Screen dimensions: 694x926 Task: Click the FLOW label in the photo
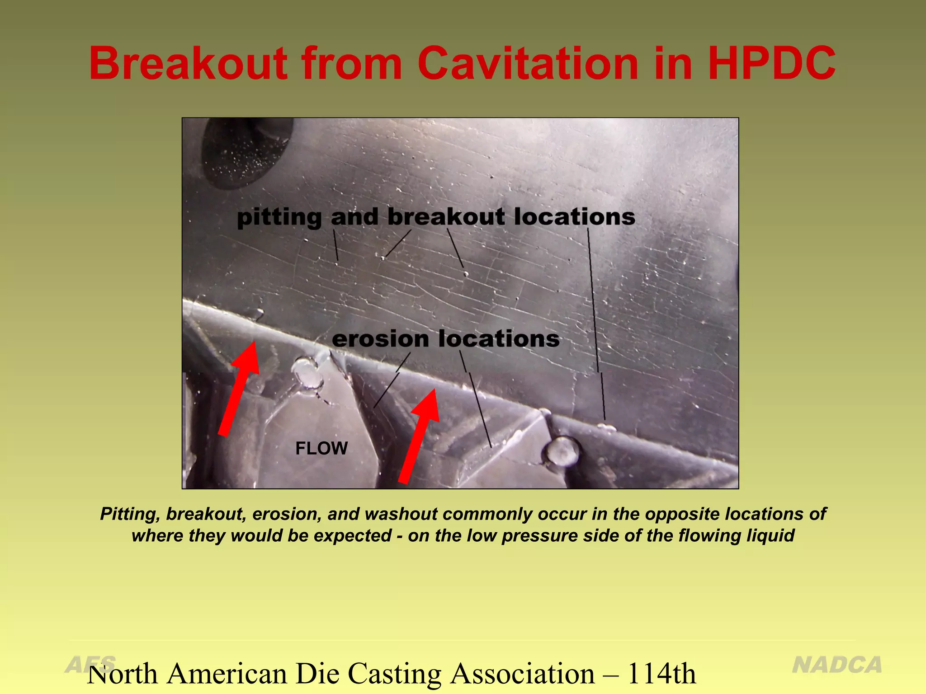[x=321, y=449]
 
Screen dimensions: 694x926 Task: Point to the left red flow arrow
[x=239, y=389]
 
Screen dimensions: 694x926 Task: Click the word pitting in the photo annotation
[x=279, y=217]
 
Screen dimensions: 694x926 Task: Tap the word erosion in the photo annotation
[x=380, y=339]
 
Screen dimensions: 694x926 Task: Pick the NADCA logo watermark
[x=837, y=665]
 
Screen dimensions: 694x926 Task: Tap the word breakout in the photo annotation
[x=446, y=217]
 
